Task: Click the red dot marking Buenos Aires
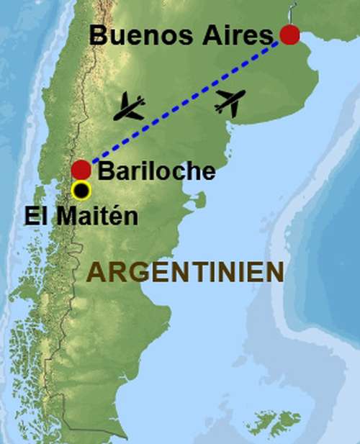point(289,35)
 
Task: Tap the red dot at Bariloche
point(81,170)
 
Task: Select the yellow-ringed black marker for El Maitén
point(81,191)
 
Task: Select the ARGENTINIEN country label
point(184,272)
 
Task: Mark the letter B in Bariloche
point(104,171)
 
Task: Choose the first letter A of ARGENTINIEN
point(94,272)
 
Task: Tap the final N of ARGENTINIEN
point(273,272)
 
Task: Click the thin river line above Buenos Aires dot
point(292,12)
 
